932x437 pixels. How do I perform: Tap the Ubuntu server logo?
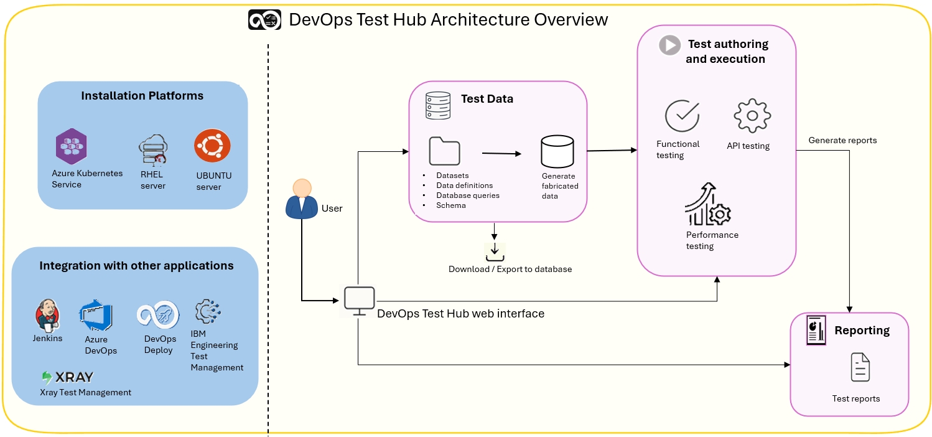click(x=212, y=147)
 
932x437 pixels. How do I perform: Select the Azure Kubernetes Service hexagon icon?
click(x=70, y=147)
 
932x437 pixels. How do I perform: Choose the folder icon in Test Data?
click(x=444, y=151)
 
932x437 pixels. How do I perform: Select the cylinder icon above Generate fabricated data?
click(x=557, y=151)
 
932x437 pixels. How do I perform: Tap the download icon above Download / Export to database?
click(x=495, y=251)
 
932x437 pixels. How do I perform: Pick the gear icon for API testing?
click(x=752, y=116)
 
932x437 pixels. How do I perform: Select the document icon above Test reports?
click(x=860, y=367)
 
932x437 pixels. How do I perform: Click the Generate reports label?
click(x=842, y=140)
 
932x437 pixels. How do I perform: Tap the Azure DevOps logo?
click(x=96, y=316)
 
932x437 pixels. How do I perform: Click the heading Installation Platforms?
click(x=142, y=96)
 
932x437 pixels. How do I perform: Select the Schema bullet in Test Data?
click(x=451, y=205)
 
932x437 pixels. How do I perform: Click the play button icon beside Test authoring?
click(x=670, y=45)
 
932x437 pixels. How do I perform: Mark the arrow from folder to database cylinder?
click(x=501, y=153)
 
